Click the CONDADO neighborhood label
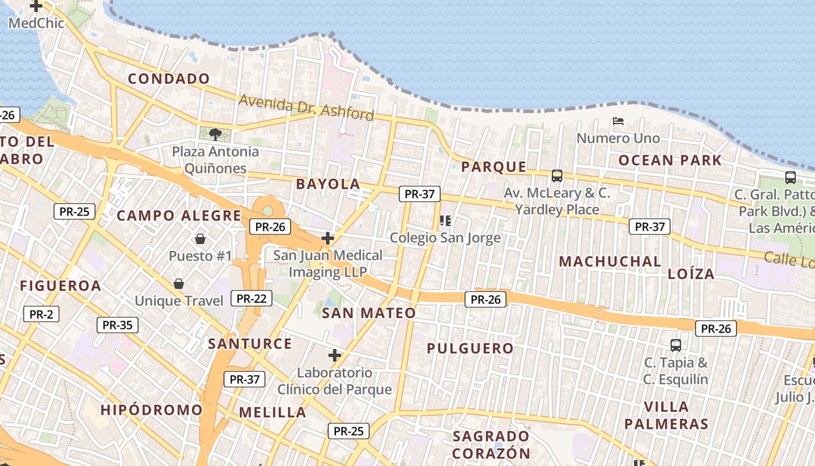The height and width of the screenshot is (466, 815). pos(169,79)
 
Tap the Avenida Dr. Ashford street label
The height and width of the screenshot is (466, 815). pos(306,108)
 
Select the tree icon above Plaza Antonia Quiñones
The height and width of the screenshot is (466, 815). pos(215,135)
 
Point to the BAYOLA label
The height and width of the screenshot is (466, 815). pos(328,184)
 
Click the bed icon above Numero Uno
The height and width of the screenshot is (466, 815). pos(618,121)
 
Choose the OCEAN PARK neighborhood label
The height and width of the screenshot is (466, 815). pos(670,160)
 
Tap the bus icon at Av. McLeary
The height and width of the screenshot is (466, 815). pos(557,175)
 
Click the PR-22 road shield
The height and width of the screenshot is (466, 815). pos(251,299)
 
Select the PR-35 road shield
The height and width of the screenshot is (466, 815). pos(118,325)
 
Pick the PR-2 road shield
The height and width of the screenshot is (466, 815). pos(41,315)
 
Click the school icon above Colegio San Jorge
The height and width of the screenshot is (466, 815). pos(445,220)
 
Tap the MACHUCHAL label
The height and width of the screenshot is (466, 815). pos(610,262)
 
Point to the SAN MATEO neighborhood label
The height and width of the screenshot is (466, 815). pos(369,313)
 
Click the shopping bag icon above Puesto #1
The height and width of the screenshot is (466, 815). pos(200,239)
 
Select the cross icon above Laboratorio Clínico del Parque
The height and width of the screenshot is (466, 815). pos(335,355)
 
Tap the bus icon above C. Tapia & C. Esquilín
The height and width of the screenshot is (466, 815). pos(676,345)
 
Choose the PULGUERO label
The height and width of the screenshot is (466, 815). pos(470,349)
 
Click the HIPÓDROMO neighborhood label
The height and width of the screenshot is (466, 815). pos(151,410)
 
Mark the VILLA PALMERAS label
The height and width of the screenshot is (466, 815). pos(667,415)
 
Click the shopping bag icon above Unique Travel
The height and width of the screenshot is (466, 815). pos(179,284)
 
